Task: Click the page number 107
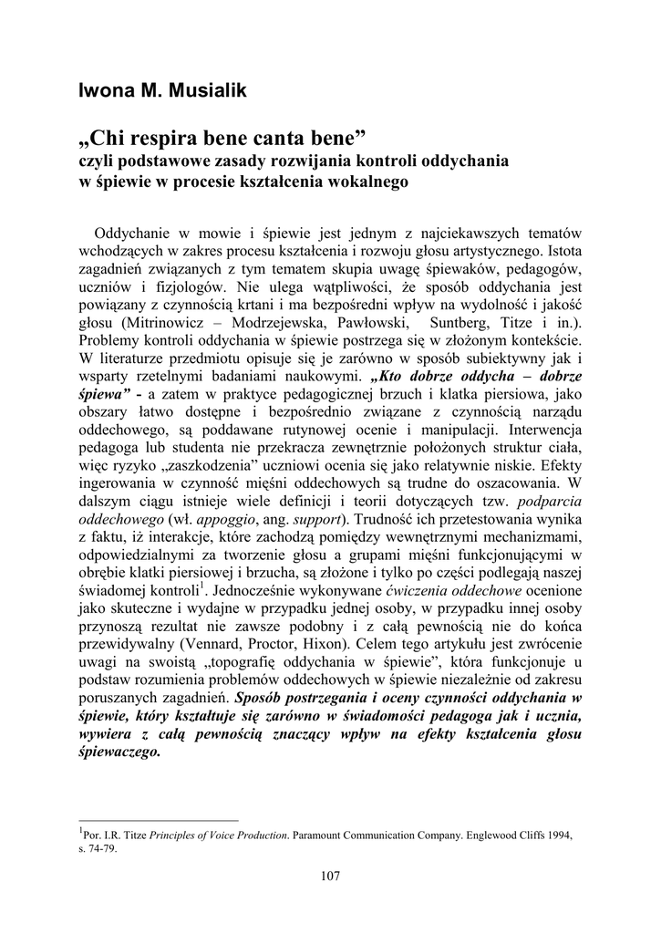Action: [330, 877]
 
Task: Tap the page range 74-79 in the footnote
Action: [101, 846]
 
